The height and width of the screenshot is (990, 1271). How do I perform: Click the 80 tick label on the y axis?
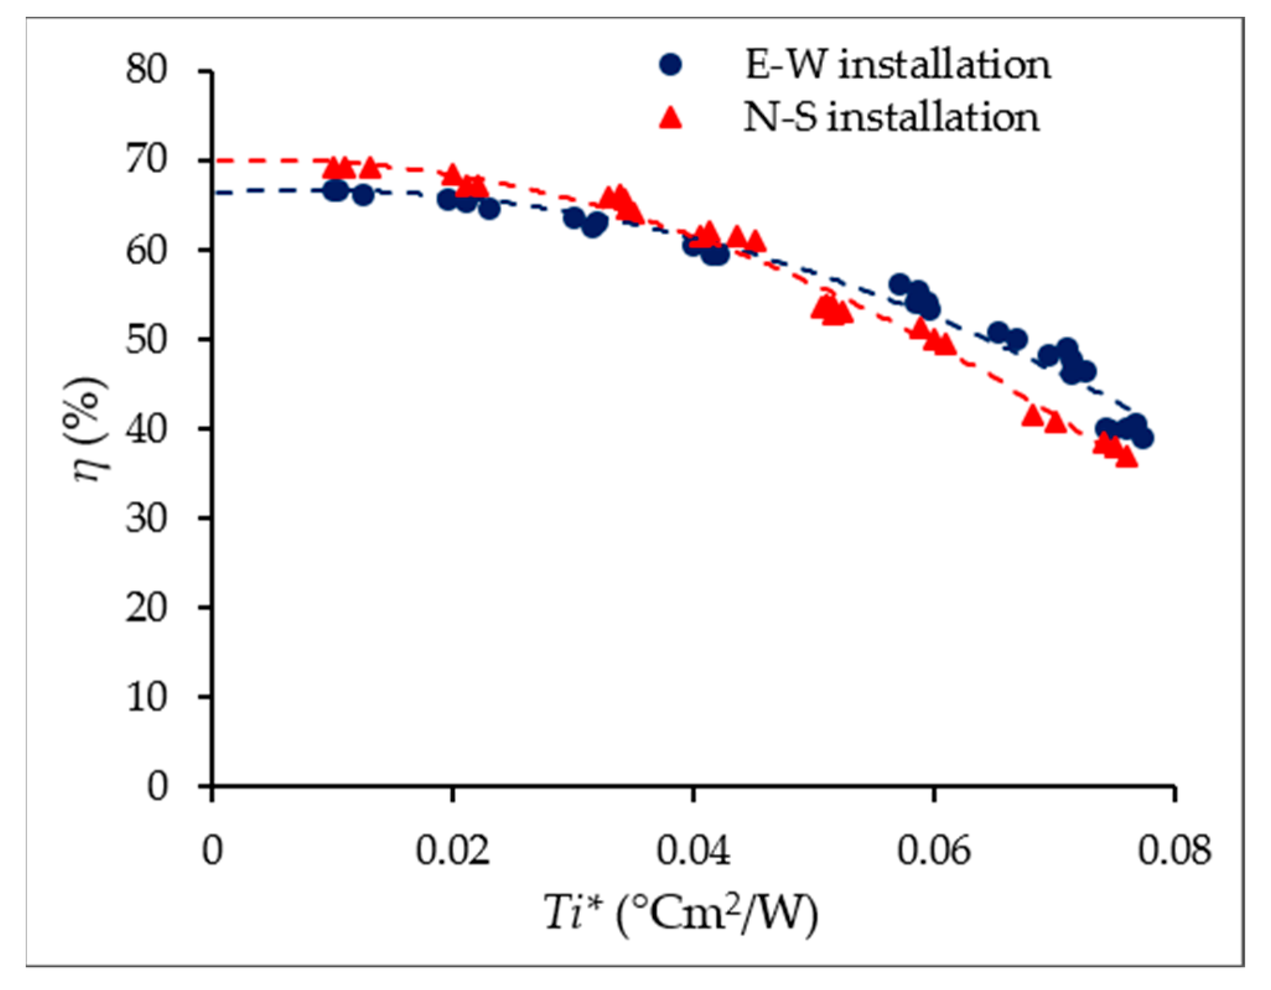pos(147,69)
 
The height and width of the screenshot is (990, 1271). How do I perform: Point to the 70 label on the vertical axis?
pos(147,160)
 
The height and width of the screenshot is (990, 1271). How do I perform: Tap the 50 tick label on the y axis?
pos(147,339)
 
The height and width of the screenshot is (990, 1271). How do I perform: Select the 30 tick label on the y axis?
pos(147,518)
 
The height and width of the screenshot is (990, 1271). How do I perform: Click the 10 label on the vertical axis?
pos(147,697)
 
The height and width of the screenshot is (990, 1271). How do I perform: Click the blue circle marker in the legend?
pos(670,64)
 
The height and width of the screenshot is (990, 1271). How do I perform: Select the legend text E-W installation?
pos(898,64)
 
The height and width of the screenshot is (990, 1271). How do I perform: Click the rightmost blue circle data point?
pos(1143,438)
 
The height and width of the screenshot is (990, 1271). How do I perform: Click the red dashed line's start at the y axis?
pos(217,161)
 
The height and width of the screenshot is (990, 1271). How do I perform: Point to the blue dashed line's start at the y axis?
pos(217,193)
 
